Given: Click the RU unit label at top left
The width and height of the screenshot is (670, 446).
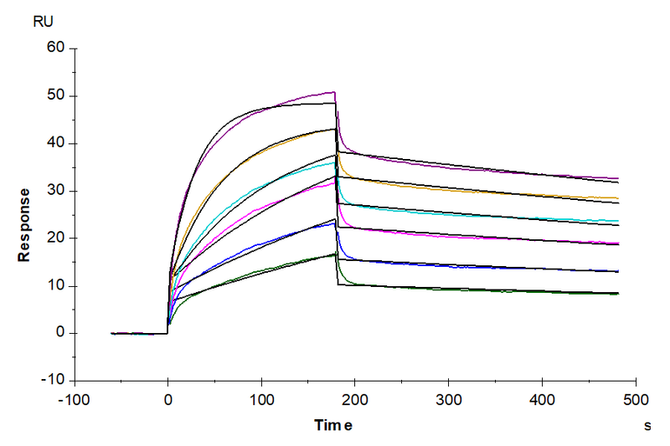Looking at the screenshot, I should pyautogui.click(x=43, y=22).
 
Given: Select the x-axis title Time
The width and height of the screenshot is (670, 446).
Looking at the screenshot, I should pyautogui.click(x=333, y=425).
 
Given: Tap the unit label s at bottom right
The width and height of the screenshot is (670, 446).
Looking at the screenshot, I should pyautogui.click(x=647, y=426).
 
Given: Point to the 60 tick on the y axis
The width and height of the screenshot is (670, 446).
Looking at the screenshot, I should pyautogui.click(x=56, y=48).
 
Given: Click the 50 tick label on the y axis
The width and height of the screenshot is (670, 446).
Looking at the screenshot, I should pyautogui.click(x=56, y=95).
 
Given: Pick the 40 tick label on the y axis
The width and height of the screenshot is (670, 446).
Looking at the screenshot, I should pyautogui.click(x=56, y=143).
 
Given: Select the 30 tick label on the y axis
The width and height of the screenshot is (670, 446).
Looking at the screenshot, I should pyautogui.click(x=56, y=191).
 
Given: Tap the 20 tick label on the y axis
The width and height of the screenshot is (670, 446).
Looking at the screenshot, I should pyautogui.click(x=56, y=238).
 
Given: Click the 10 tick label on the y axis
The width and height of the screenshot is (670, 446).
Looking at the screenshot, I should pyautogui.click(x=56, y=286).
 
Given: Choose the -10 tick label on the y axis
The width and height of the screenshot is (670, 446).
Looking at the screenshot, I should pyautogui.click(x=54, y=381).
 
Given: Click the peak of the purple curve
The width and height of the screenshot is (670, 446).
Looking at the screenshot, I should pyautogui.click(x=334, y=92).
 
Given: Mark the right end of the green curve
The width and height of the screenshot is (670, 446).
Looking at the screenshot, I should pyautogui.click(x=618, y=294).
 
